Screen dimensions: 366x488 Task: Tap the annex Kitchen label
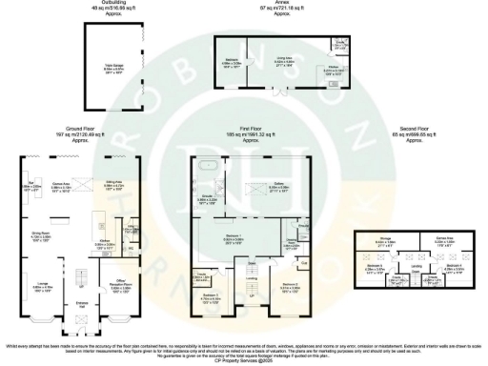332,69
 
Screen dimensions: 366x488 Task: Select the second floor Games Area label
444,240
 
